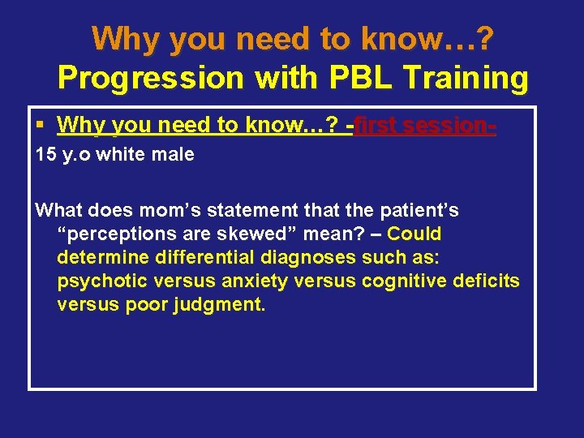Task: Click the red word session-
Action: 452,126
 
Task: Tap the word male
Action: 174,154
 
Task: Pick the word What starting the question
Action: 59,211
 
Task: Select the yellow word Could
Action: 414,234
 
